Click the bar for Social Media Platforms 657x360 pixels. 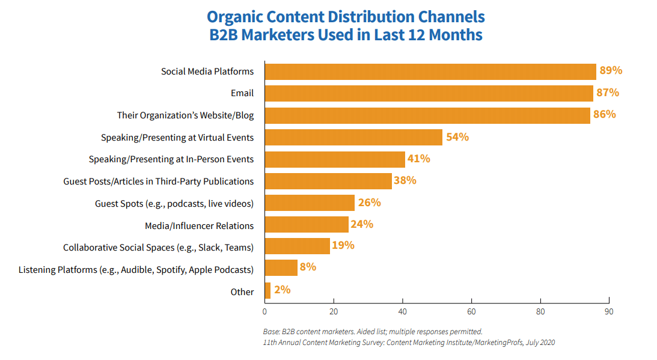click(430, 72)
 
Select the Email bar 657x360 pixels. click(429, 93)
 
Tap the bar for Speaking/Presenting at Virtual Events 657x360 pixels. click(353, 137)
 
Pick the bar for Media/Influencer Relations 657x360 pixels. click(307, 225)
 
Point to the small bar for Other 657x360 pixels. click(267, 291)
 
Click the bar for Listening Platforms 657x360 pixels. click(281, 267)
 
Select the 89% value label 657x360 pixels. click(611, 71)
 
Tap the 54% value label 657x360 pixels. click(457, 137)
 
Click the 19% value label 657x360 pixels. click(343, 246)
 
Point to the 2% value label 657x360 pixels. click(282, 290)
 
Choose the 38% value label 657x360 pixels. click(405, 180)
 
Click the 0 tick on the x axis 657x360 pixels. click(264, 312)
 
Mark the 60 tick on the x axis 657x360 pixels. click(472, 312)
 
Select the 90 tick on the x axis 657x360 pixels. click(610, 312)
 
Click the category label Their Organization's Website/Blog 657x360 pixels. click(185, 115)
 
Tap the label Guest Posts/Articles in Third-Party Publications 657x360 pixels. click(159, 181)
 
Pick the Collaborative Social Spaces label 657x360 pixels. click(159, 247)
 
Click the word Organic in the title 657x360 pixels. click(239, 16)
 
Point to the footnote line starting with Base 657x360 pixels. click(373, 331)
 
